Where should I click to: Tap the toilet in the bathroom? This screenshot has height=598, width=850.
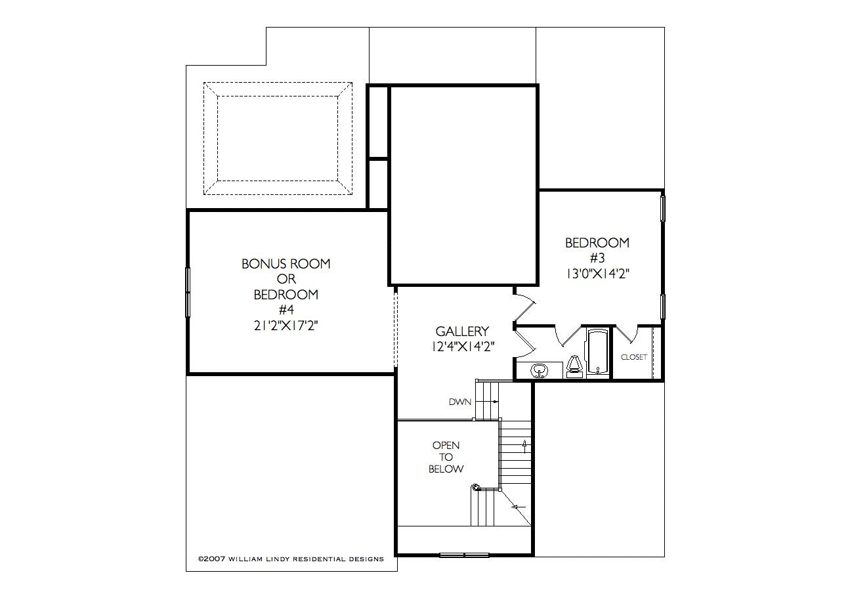click(x=574, y=367)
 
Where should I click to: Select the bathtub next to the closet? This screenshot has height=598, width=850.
click(x=598, y=352)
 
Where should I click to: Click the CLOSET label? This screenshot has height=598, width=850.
click(x=633, y=357)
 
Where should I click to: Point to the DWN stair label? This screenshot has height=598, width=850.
click(x=460, y=402)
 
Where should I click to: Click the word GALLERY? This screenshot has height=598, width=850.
click(x=462, y=331)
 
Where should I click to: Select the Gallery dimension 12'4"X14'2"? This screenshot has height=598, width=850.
click(x=463, y=347)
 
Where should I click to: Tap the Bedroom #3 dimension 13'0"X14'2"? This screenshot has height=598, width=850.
click(x=598, y=274)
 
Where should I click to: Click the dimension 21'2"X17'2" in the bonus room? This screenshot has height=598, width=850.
click(x=286, y=326)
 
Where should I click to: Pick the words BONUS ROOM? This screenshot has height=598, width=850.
click(x=286, y=264)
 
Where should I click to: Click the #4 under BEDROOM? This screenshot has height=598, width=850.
click(x=286, y=310)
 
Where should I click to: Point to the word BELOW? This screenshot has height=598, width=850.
click(x=446, y=469)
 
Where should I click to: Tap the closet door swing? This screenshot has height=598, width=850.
click(x=626, y=334)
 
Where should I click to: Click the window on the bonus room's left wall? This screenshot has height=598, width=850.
click(x=188, y=292)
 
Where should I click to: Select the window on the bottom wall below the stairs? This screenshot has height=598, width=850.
click(x=464, y=555)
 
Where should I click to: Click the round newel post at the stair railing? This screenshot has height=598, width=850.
click(x=475, y=488)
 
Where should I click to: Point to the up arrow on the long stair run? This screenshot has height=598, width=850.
click(x=525, y=446)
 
